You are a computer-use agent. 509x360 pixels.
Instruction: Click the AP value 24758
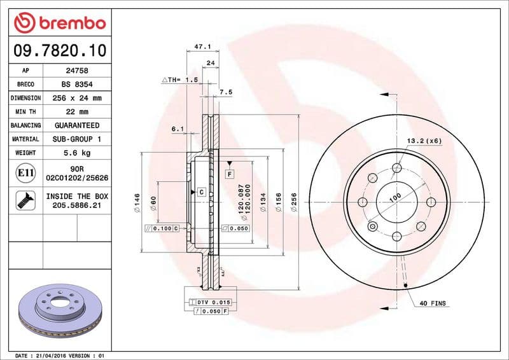point(76,71)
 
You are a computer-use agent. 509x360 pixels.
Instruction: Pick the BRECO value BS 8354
point(76,85)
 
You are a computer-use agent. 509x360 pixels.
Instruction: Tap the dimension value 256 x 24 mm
point(76,99)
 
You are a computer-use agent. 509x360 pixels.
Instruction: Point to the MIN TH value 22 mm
point(76,112)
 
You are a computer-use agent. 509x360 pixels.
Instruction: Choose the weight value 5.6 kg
point(76,153)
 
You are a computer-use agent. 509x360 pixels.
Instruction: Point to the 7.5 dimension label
point(225,92)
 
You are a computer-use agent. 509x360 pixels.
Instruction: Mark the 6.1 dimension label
point(178,130)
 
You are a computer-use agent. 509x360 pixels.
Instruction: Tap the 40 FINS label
point(433,304)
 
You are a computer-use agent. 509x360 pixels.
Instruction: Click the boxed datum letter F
point(228,174)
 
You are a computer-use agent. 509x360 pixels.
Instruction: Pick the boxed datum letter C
point(200,191)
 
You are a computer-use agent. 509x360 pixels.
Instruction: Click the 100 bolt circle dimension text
point(395,198)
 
